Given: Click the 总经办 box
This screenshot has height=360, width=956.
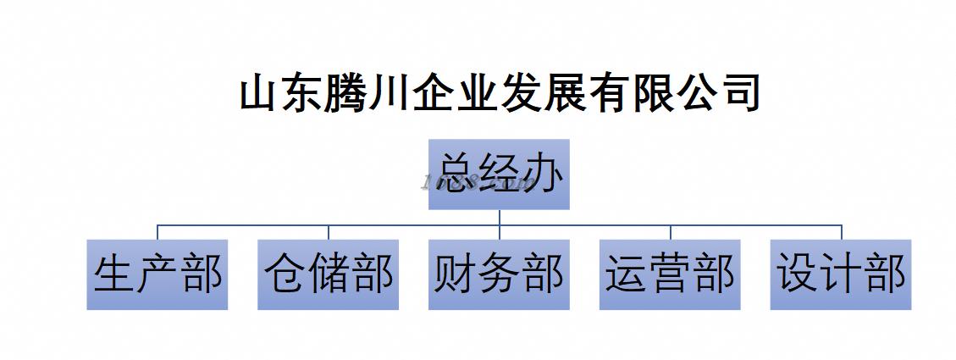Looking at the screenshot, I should (x=499, y=174).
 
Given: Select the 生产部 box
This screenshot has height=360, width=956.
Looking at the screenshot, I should (x=157, y=274).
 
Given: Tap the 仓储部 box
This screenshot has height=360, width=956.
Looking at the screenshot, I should (x=329, y=274).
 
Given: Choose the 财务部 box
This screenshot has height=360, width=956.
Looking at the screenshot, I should (x=499, y=274).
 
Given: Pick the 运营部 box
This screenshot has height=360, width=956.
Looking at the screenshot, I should (x=670, y=274).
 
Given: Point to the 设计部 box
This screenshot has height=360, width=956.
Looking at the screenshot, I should (x=841, y=274).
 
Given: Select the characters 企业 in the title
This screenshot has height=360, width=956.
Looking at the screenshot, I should (x=456, y=93).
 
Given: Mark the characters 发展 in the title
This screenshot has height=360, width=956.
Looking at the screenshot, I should (x=543, y=93).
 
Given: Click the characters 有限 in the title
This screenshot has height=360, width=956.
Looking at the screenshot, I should (x=630, y=93).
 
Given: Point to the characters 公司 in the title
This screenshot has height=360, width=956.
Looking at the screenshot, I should (x=717, y=93).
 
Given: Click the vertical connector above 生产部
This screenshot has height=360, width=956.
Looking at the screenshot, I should (x=157, y=232).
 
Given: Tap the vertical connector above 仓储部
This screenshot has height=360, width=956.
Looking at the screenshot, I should (x=329, y=232).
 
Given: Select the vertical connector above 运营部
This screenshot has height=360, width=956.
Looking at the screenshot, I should (x=671, y=232).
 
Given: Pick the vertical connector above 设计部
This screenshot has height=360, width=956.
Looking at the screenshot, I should (x=842, y=232).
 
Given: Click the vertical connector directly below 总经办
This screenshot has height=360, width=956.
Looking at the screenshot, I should (x=500, y=217).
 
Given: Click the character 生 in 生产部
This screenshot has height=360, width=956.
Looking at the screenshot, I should (x=114, y=274).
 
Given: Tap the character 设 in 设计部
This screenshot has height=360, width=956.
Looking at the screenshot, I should (x=798, y=274).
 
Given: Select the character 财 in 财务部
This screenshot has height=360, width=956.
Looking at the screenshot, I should (x=456, y=274).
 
